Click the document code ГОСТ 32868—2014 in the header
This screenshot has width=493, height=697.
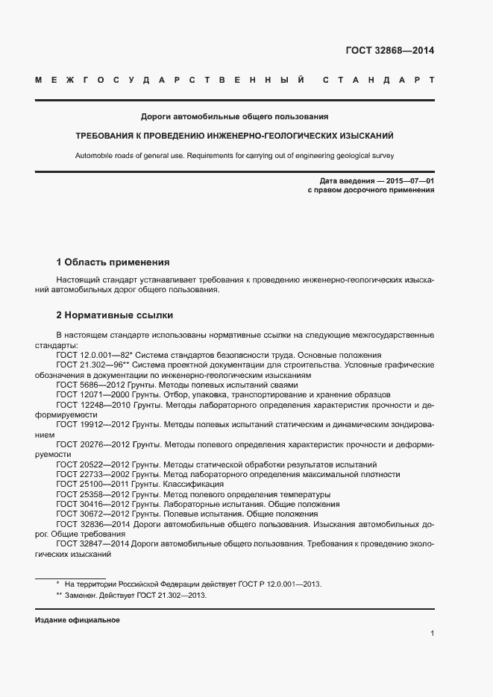pyautogui.click(x=389, y=51)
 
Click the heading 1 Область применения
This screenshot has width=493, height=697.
pyautogui.click(x=113, y=262)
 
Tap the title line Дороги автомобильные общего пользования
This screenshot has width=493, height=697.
pyautogui.click(x=235, y=117)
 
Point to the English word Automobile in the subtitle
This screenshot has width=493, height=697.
pyautogui.click(x=93, y=156)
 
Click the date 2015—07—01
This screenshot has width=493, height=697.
pyautogui.click(x=408, y=181)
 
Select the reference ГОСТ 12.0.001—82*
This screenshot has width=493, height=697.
pyautogui.click(x=94, y=356)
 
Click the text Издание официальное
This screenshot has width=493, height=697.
pyautogui.click(x=78, y=620)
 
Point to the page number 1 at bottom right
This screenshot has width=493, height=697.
pyautogui.click(x=432, y=633)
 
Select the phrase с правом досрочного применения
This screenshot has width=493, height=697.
pyautogui.click(x=371, y=191)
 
